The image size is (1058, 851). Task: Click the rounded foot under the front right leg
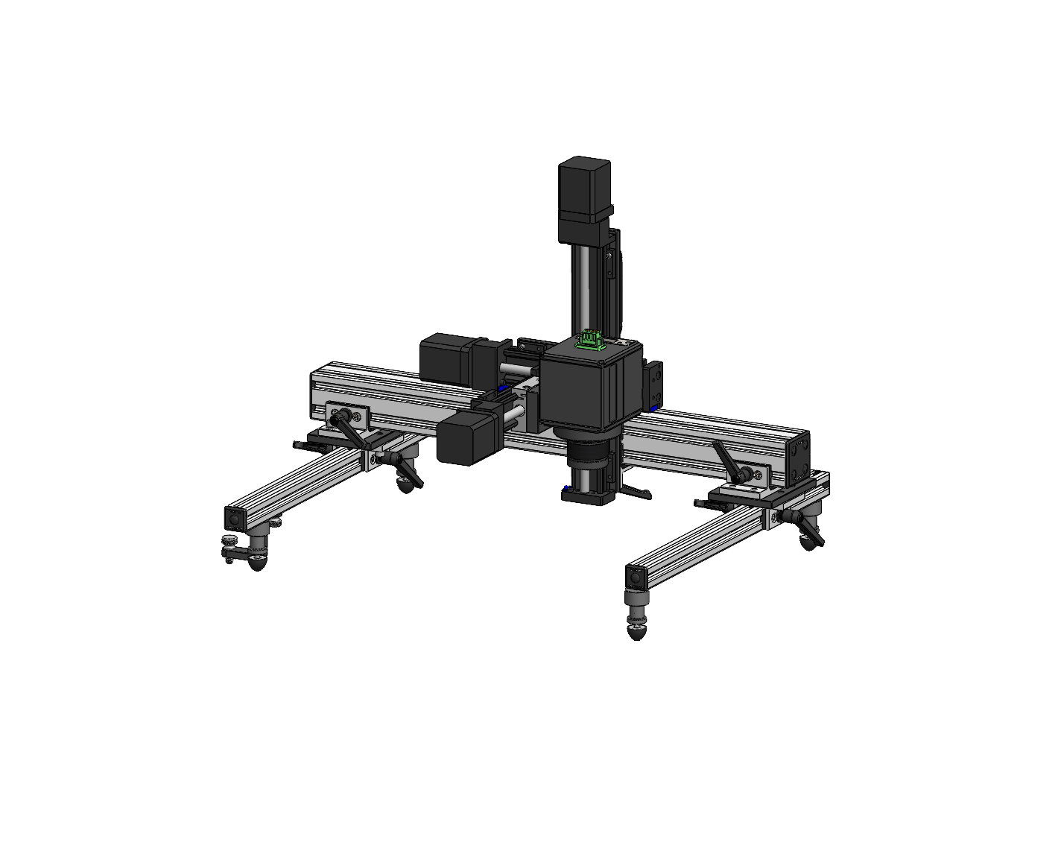click(x=636, y=633)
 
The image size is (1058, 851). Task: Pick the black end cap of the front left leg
click(x=234, y=516)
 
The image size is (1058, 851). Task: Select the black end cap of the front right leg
click(x=636, y=577)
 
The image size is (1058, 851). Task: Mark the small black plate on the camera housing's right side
click(x=655, y=385)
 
